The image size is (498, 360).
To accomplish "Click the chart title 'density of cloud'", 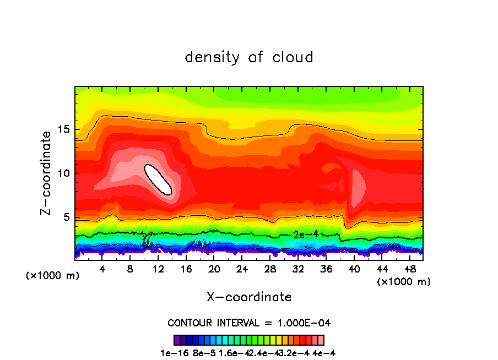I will tap(248, 57).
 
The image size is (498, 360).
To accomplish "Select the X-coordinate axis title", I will tap(249, 297).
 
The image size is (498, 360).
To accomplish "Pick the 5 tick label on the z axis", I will tap(66, 217).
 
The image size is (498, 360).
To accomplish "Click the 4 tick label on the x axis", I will tap(102, 270).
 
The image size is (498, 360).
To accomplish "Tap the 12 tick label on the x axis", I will tap(158, 270).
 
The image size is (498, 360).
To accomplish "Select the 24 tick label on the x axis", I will tap(242, 270).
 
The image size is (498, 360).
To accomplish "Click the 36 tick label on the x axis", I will tap(326, 270).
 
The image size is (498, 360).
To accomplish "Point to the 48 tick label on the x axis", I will tap(409, 270).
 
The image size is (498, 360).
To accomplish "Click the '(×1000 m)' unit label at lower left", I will tap(53, 276).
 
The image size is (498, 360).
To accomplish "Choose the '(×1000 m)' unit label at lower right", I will tap(404, 282).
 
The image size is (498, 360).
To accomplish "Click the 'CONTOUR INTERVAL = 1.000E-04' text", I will tap(249, 323).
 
